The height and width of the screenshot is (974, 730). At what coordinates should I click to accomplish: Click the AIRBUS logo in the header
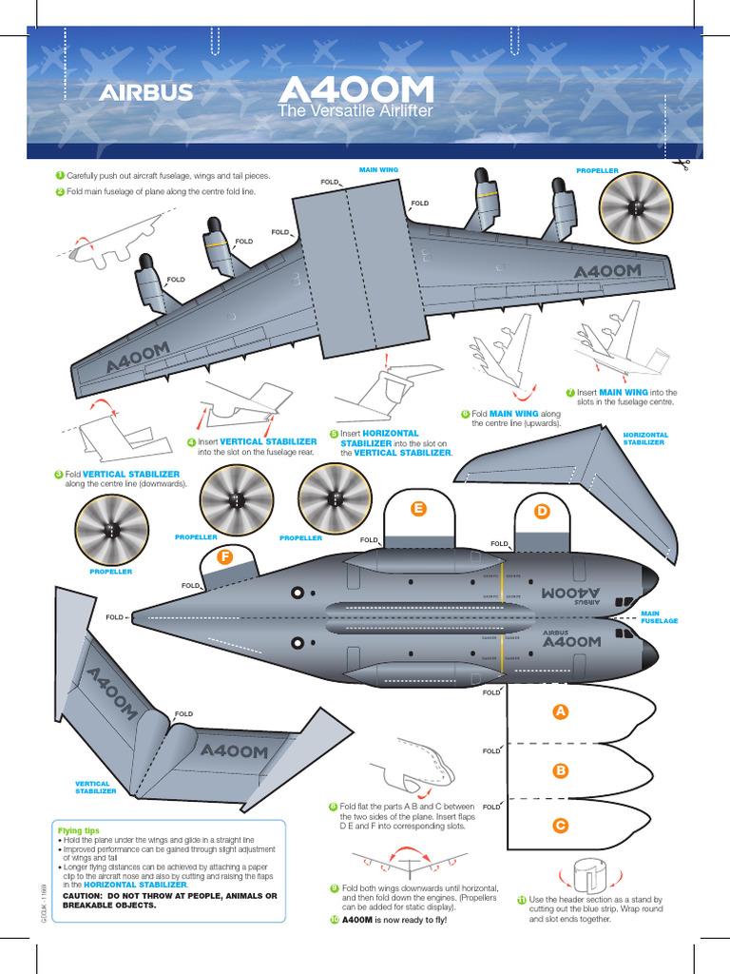[x=147, y=92]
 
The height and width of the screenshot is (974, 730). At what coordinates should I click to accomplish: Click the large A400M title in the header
[x=356, y=90]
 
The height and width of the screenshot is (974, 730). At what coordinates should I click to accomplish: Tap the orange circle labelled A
[x=561, y=711]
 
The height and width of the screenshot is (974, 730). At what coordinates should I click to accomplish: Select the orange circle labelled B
[x=561, y=769]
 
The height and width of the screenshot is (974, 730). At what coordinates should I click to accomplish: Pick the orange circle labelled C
[x=561, y=826]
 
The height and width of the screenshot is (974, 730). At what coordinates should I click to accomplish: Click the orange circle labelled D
[x=542, y=512]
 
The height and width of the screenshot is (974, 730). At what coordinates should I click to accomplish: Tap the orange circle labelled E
[x=416, y=510]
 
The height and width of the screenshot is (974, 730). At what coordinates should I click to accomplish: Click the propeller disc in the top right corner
[x=635, y=209]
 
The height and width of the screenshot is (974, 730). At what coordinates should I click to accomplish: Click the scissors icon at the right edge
[x=681, y=166]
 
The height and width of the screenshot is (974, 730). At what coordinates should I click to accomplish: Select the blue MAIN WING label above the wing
[x=378, y=169]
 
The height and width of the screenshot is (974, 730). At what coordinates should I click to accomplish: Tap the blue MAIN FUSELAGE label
[x=659, y=617]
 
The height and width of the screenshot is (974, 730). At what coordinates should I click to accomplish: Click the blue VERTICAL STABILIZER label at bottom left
[x=96, y=787]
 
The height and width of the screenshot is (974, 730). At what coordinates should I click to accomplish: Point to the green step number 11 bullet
[x=522, y=900]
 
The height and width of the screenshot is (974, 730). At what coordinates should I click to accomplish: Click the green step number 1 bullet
[x=59, y=176]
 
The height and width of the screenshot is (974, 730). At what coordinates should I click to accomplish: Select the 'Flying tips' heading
[x=79, y=830]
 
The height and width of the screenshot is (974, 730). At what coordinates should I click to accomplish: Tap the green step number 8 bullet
[x=333, y=806]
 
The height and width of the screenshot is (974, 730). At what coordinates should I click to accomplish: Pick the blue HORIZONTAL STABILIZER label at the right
[x=645, y=438]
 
